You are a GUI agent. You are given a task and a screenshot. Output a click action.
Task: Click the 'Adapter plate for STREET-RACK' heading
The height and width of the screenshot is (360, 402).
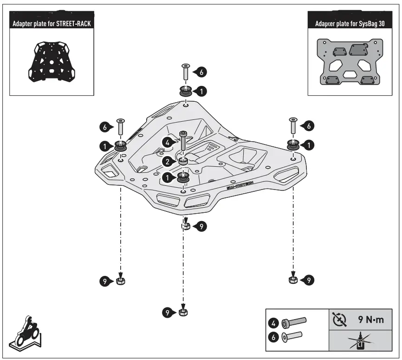click(53, 23)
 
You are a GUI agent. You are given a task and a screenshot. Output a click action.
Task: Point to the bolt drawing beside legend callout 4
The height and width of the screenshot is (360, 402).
click(295, 321)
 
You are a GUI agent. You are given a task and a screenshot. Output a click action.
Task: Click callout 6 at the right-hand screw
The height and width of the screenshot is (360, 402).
click(307, 125)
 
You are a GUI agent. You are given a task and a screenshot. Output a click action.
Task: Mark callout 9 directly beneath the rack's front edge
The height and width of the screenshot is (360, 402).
click(201, 226)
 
